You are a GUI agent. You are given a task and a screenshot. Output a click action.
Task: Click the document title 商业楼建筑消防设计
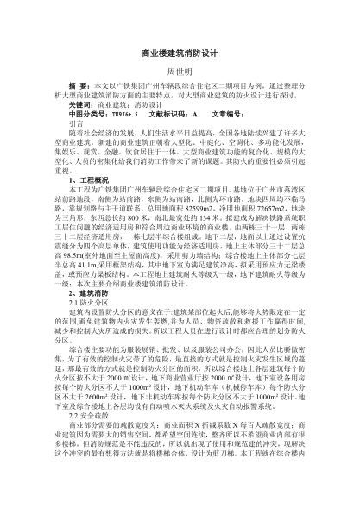[x=180, y=53]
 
